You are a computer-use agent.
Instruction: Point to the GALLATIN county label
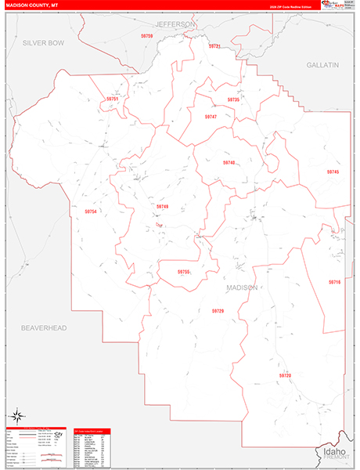tap(322, 65)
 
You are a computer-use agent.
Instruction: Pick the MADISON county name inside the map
tap(241, 287)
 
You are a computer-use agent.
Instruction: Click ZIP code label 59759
tap(148, 37)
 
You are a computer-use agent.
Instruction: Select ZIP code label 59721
tap(214, 46)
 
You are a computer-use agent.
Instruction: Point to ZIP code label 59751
tap(113, 99)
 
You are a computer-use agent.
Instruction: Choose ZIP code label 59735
tap(233, 99)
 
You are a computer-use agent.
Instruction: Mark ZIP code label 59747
tap(210, 116)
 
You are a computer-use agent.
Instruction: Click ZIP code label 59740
tap(229, 162)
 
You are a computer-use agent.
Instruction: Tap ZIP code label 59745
tap(333, 172)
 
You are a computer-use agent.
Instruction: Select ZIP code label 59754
tap(91, 211)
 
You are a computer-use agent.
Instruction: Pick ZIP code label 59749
tap(162, 206)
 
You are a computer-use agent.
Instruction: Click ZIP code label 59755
tap(183, 272)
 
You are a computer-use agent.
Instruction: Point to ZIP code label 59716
tap(334, 281)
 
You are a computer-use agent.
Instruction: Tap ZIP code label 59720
tap(285, 375)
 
